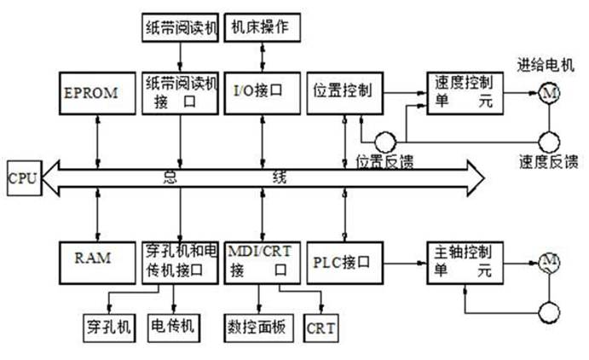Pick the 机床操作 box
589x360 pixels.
pyautogui.click(x=261, y=27)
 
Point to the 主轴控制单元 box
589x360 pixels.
pyautogui.click(x=465, y=261)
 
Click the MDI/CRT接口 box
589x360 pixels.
pyautogui.click(x=261, y=261)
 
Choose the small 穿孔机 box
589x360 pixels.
pyautogui.click(x=109, y=327)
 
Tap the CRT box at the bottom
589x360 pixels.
pyautogui.click(x=321, y=327)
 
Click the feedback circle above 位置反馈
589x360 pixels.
pyautogui.click(x=384, y=138)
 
